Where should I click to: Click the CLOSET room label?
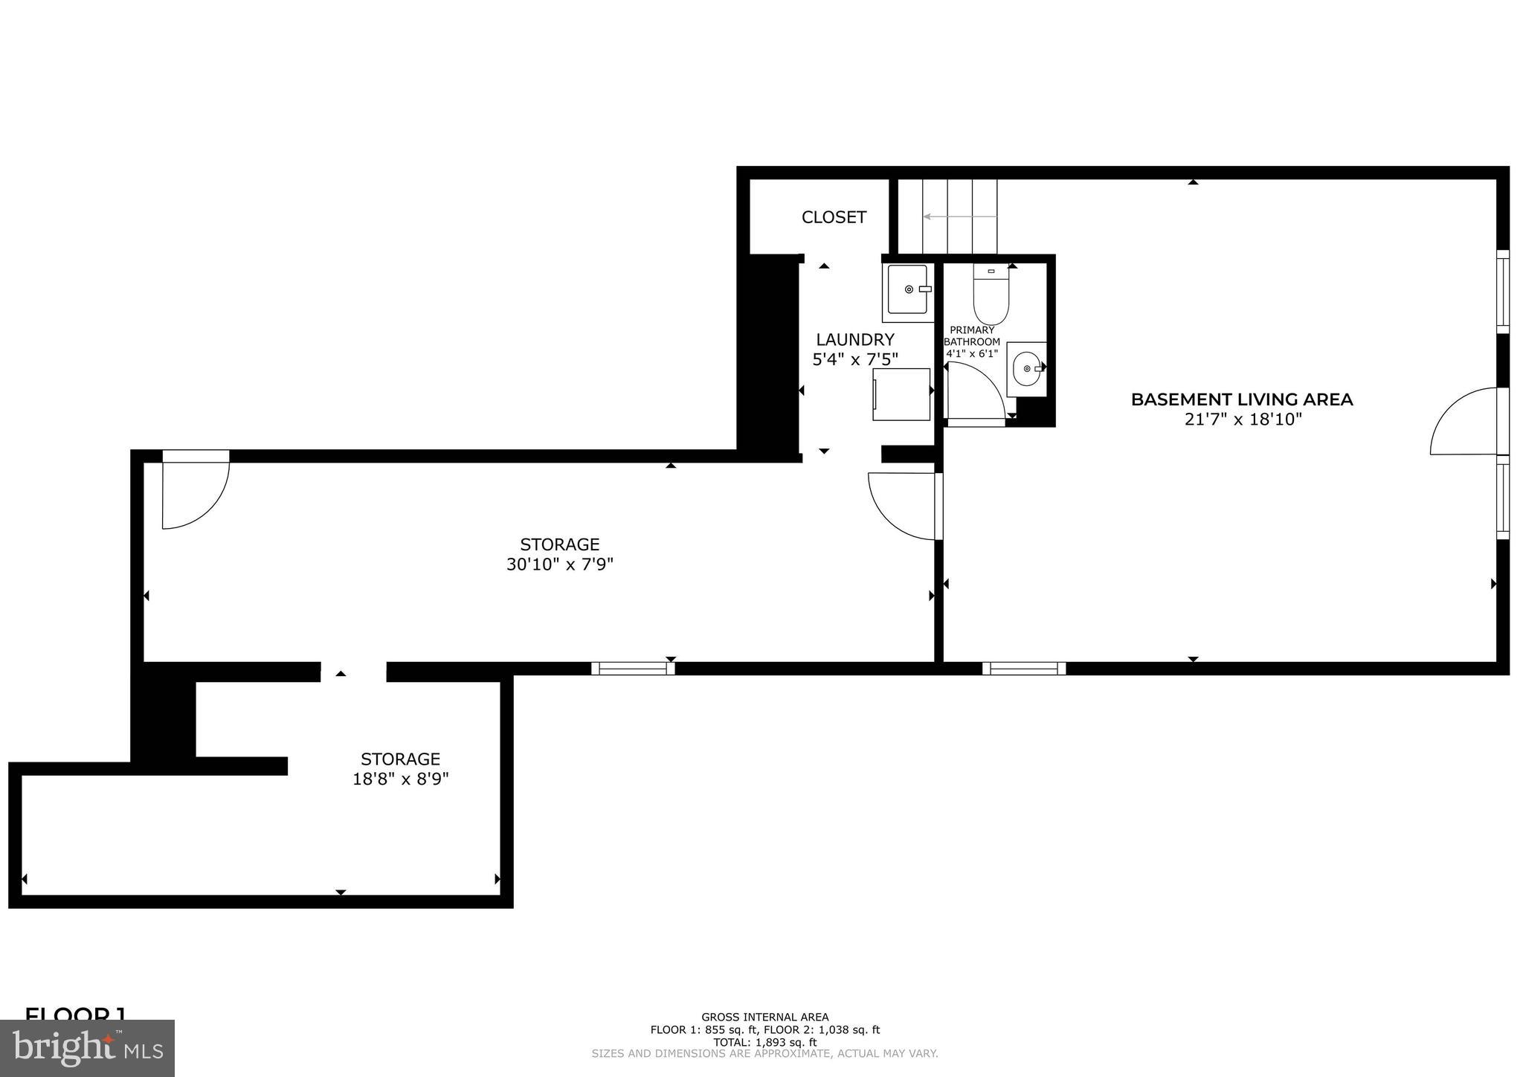point(834,217)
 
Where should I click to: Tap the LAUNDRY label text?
point(855,340)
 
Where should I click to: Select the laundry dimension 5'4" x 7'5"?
point(855,359)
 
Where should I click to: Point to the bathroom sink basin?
point(1026,368)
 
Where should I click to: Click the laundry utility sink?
point(908,289)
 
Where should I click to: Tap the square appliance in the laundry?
point(901,394)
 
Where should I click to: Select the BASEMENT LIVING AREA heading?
point(1242,399)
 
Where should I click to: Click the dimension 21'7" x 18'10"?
point(1243,419)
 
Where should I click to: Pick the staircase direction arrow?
point(959,216)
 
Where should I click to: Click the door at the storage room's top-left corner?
point(195,492)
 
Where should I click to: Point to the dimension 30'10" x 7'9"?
point(560,565)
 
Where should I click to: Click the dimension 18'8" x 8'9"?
point(401,779)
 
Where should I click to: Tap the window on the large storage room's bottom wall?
point(633,668)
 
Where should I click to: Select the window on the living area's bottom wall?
point(1024,668)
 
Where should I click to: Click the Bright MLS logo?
point(88,1048)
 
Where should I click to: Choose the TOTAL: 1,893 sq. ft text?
point(764,1042)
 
